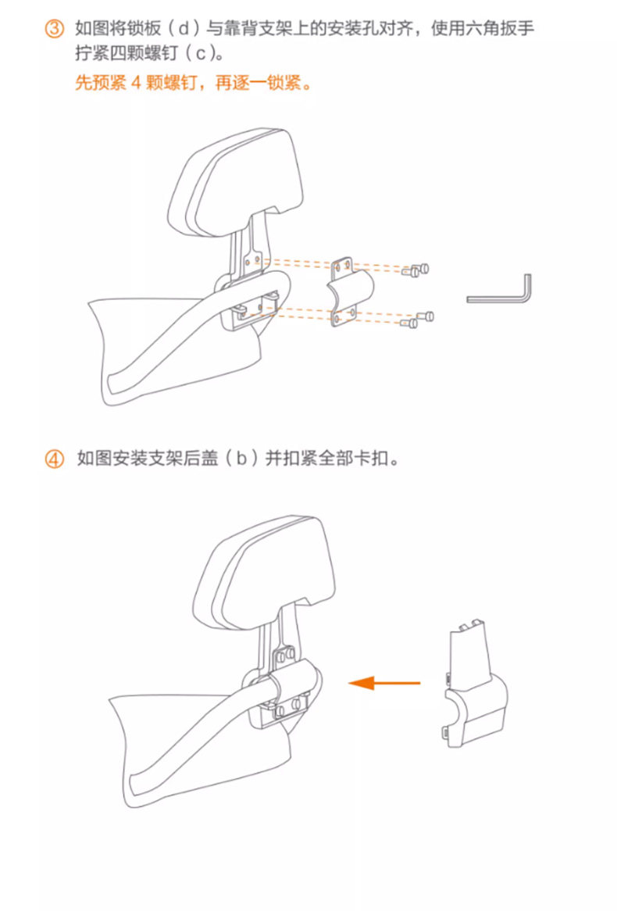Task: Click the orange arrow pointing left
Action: pos(384,683)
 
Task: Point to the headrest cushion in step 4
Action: pos(264,572)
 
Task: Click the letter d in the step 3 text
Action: pos(184,28)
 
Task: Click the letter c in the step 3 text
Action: pos(201,54)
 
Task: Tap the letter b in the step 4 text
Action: pos(241,459)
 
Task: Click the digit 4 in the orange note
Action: pos(136,83)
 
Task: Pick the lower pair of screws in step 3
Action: pos(420,319)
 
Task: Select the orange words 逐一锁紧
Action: pos(266,83)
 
